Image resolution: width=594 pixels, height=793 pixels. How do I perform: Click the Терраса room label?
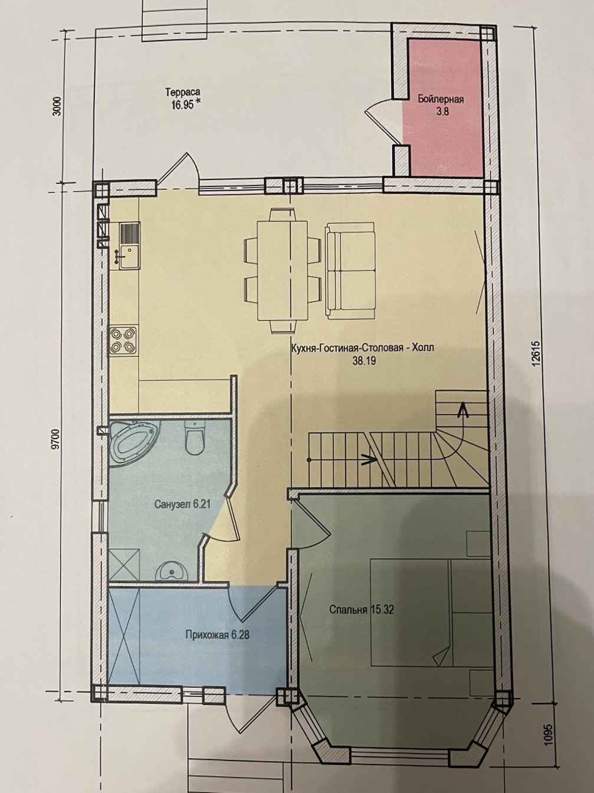click(x=183, y=93)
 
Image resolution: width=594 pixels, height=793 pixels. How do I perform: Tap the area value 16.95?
click(x=183, y=104)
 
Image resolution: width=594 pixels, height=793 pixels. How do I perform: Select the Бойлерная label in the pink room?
click(x=441, y=99)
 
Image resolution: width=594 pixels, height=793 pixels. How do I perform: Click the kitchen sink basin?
click(x=129, y=256)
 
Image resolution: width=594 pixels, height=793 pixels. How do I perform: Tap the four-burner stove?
click(x=124, y=340)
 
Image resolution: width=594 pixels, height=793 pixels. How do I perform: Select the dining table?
click(x=282, y=270)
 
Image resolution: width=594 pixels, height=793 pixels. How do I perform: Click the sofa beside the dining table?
click(x=350, y=270)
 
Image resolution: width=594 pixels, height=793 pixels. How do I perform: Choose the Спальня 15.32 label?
click(x=362, y=610)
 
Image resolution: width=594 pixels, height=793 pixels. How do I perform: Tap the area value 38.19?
click(x=363, y=361)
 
